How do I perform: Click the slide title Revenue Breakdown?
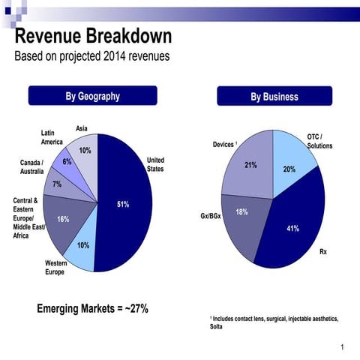tap(94, 36)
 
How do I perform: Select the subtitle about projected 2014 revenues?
tap(91, 57)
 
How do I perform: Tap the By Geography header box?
tap(92, 96)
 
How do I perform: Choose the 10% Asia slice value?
tap(85, 151)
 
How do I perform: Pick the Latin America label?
tap(52, 137)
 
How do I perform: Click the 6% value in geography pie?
tap(67, 161)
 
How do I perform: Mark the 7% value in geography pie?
tap(57, 184)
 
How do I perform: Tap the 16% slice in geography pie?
tap(64, 219)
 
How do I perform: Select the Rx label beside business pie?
tap(322, 251)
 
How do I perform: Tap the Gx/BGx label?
tap(211, 216)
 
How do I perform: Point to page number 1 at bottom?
tap(341, 346)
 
